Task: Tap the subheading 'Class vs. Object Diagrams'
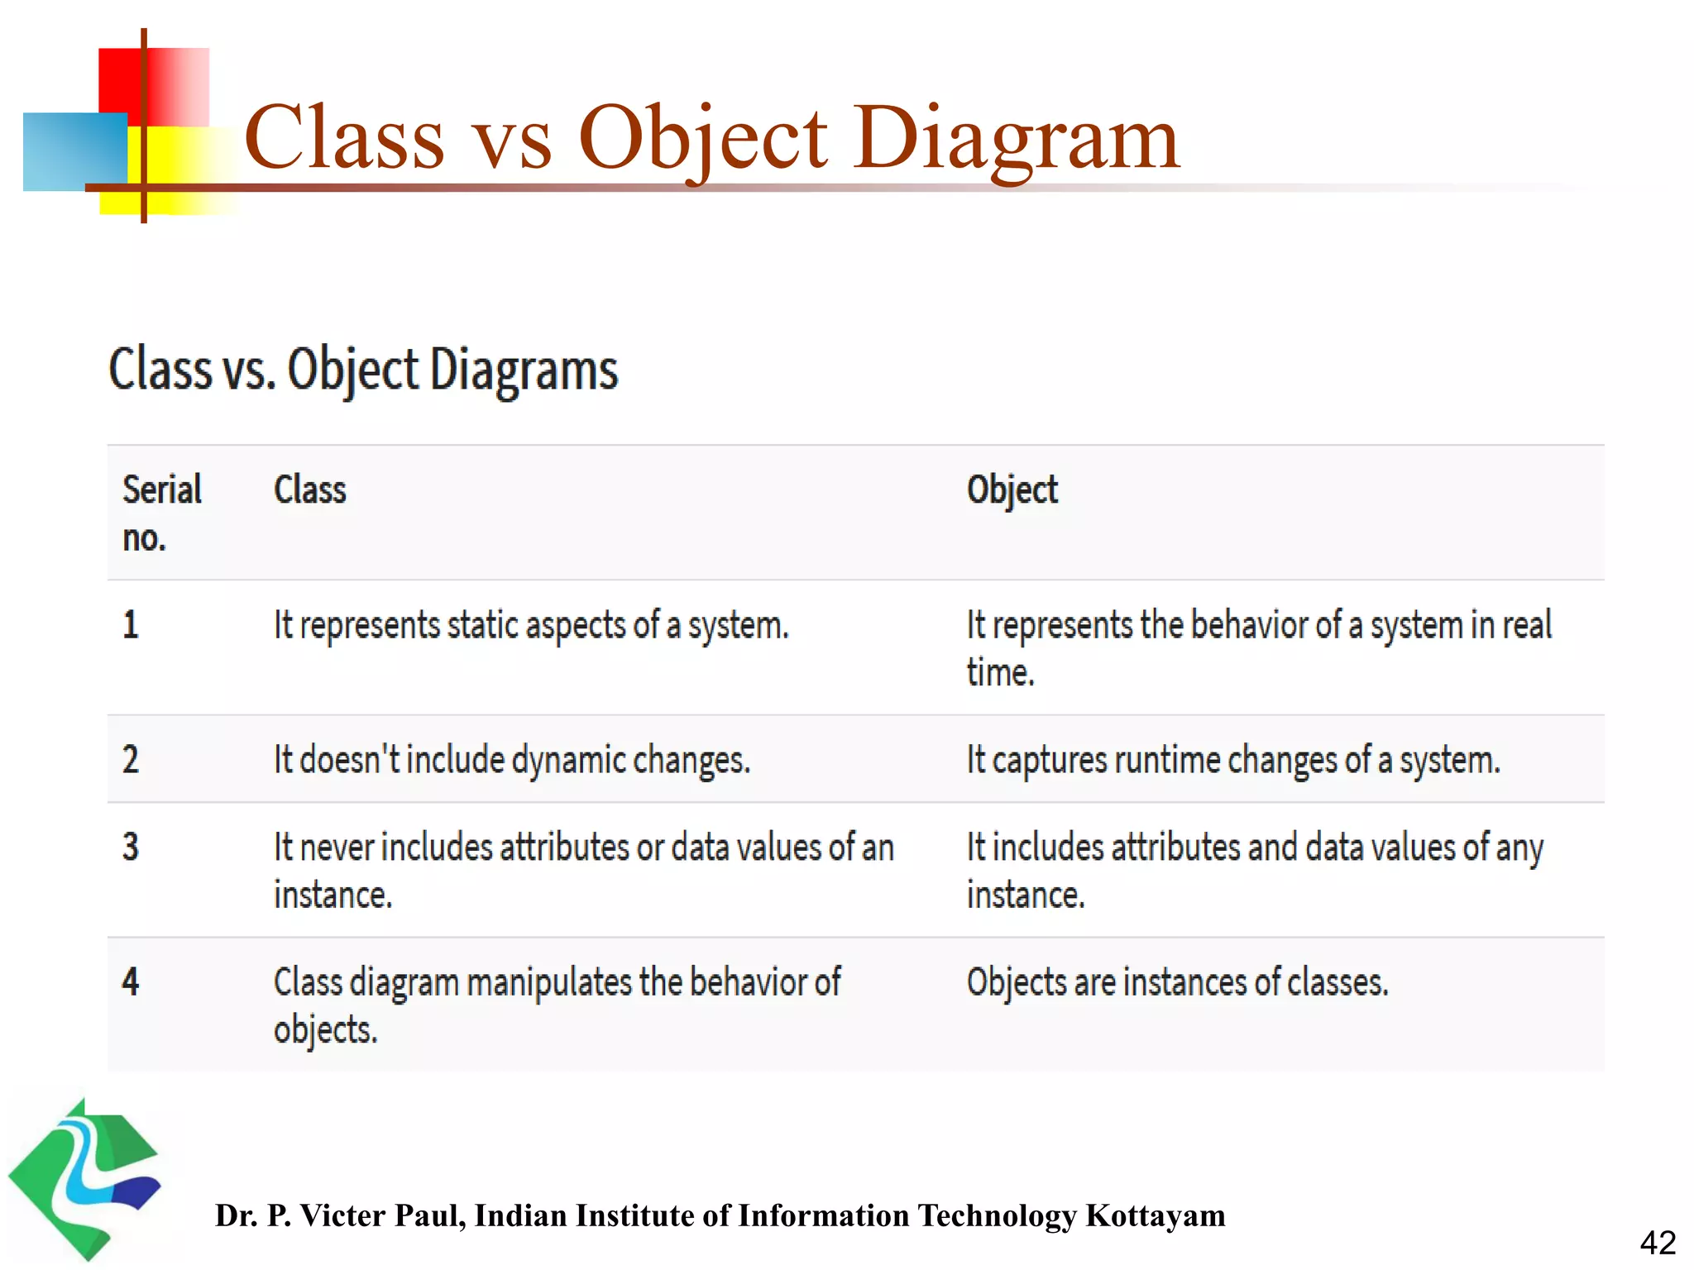click(363, 370)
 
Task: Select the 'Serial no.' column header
click(162, 513)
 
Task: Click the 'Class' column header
click(310, 489)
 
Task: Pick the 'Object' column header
click(1012, 489)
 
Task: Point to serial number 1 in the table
click(131, 624)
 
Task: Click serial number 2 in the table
click(131, 759)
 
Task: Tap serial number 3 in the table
click(131, 847)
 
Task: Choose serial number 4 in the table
click(131, 981)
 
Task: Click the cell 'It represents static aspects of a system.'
click(531, 625)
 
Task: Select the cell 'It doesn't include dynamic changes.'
click(512, 760)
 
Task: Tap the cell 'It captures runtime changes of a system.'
click(1232, 760)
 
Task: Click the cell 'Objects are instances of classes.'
click(1177, 982)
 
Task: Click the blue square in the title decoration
click(74, 151)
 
